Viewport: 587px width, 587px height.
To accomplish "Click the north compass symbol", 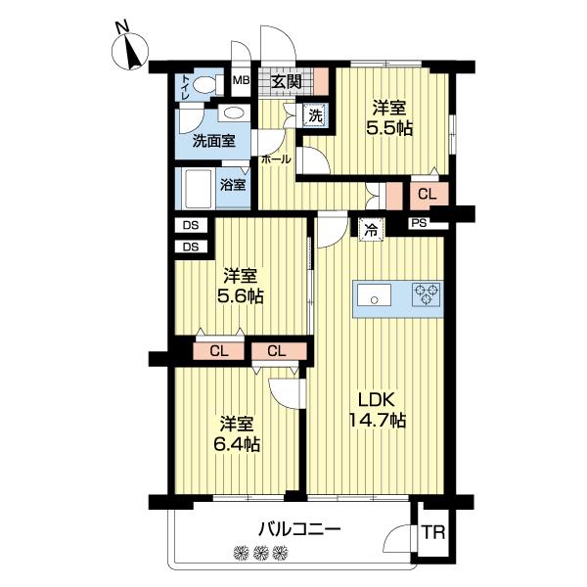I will click(x=129, y=50).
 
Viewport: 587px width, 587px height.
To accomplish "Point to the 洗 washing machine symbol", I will click(x=315, y=114).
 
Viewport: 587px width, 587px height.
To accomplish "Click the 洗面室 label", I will click(x=213, y=140).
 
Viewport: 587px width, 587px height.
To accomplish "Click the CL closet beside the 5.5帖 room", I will click(x=427, y=195).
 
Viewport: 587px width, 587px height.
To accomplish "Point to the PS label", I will click(x=419, y=223).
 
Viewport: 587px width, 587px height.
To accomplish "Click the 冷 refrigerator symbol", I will click(x=371, y=230).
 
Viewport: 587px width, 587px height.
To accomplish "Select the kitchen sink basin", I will click(x=374, y=294).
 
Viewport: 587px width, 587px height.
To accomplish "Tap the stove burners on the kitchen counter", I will click(x=428, y=293).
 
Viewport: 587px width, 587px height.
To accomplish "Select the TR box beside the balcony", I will click(x=431, y=534).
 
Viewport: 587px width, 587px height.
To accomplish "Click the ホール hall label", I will click(x=276, y=158).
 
